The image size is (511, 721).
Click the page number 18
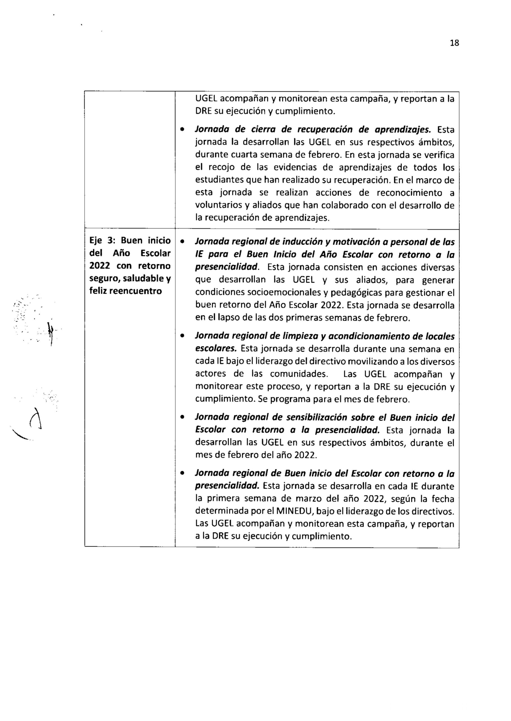tap(454, 43)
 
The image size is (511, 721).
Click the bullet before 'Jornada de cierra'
tap(182, 129)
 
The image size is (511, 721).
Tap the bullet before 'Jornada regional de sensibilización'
tap(182, 417)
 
